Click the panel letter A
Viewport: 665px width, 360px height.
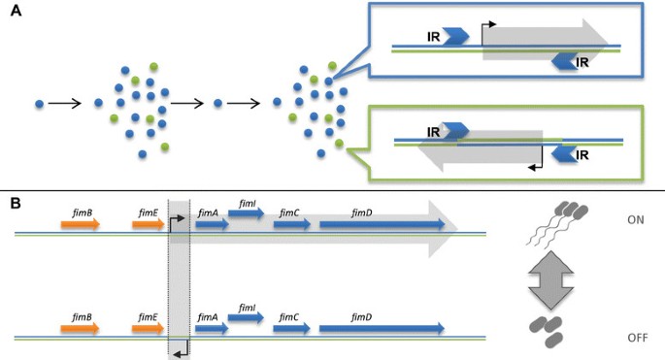16,11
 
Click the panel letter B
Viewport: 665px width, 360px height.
16,204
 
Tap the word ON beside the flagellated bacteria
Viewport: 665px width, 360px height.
635,219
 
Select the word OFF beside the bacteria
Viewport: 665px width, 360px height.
638,338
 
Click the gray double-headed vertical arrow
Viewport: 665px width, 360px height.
550,279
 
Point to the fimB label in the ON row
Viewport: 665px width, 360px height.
83,213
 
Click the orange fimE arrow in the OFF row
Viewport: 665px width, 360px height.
148,328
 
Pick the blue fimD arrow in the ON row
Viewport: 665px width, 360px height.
382,224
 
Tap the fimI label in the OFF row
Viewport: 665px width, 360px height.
247,308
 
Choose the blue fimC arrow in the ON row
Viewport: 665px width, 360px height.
292,224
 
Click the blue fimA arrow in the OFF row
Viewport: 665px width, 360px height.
212,328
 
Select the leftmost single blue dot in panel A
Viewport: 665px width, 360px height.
40,104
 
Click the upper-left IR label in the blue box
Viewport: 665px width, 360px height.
433,37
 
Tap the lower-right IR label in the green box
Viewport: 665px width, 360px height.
582,155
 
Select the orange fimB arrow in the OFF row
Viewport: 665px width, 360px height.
81,328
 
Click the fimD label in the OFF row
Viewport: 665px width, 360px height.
362,317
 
